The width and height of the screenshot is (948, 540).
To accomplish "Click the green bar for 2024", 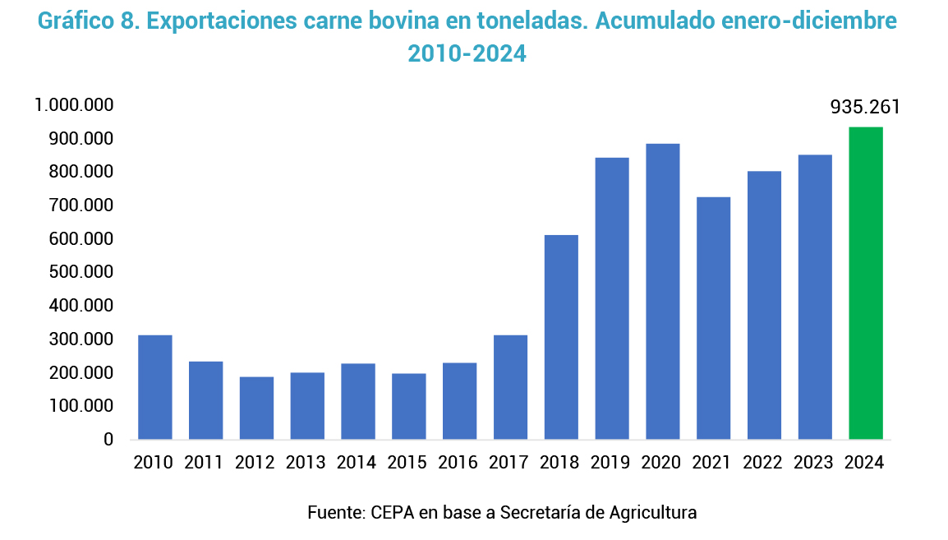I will (865, 283).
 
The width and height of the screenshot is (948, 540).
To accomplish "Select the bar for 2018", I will (561, 337).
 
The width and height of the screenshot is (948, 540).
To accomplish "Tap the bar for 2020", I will (662, 291).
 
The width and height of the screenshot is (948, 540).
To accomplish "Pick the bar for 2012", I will (256, 408).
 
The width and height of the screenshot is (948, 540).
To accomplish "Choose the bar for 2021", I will (713, 318).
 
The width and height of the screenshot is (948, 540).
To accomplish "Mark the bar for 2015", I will (408, 406).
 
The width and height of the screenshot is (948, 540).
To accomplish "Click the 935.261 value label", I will (865, 108).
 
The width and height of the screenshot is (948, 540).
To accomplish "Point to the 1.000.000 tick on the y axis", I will (74, 105).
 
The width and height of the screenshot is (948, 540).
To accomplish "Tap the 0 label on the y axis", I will (108, 440).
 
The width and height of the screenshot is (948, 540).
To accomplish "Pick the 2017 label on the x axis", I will (509, 463).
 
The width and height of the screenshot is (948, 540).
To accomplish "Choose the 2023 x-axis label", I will (814, 463).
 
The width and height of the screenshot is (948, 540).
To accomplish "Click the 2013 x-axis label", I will (306, 463).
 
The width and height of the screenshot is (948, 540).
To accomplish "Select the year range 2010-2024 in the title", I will (467, 54).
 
